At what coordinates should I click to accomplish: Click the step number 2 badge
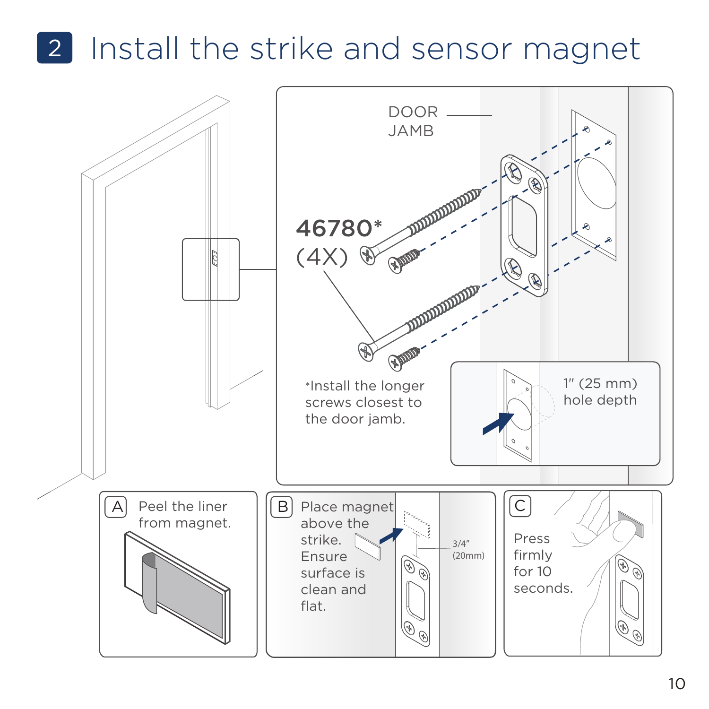(54, 48)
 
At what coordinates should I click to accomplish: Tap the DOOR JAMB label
(412, 121)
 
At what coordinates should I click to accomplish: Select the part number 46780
(334, 228)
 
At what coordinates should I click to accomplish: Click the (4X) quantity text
(322, 257)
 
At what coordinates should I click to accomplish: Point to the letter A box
(116, 507)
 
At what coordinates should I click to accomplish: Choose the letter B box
(282, 507)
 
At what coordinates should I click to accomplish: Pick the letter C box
(520, 506)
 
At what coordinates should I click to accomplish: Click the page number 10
(676, 683)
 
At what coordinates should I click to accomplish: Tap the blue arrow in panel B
(391, 535)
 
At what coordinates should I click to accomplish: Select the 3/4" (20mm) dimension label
(468, 550)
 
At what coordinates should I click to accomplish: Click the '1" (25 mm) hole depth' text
(600, 392)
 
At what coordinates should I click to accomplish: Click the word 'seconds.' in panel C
(543, 588)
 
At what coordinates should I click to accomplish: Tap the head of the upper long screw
(367, 255)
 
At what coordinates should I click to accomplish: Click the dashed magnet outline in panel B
(416, 524)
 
